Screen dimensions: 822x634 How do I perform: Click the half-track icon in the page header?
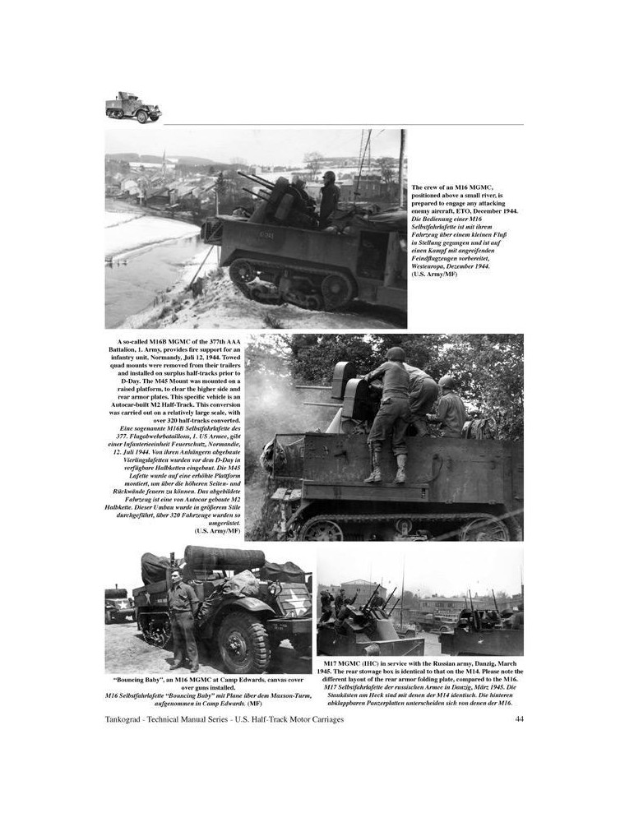132,107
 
